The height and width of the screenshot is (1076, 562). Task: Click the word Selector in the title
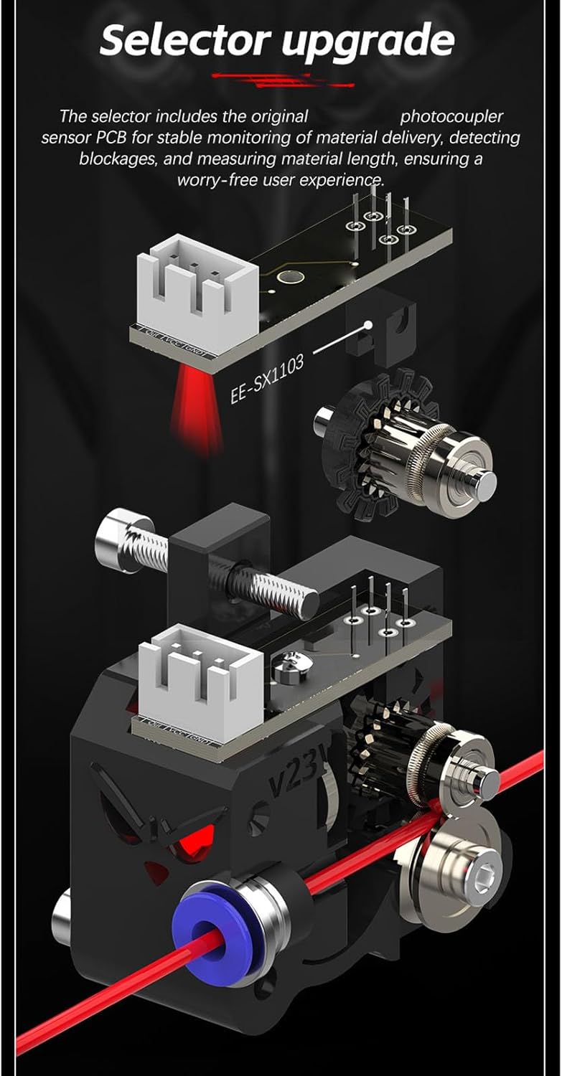[x=186, y=40]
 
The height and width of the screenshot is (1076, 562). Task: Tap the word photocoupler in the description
[x=451, y=116]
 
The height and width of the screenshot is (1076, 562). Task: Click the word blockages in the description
[x=120, y=159]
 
